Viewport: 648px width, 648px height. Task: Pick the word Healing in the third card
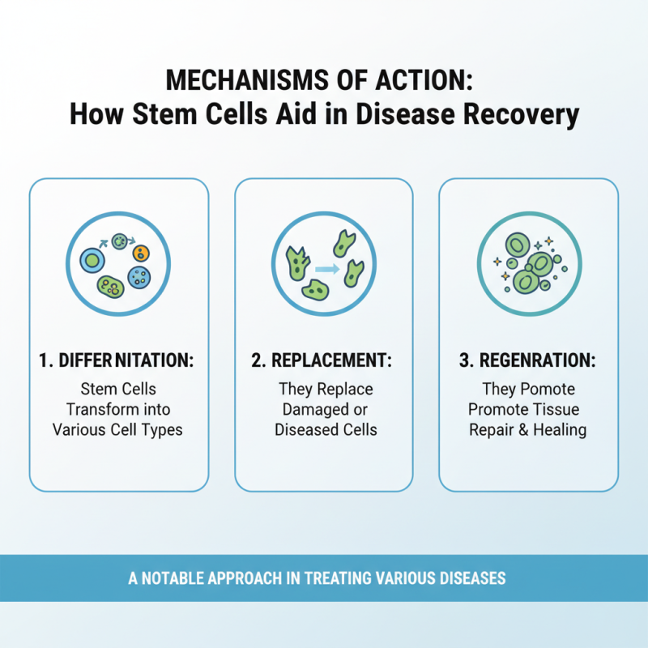coord(559,429)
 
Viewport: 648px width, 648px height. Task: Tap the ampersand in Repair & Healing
coord(520,429)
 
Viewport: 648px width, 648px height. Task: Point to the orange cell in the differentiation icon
coord(141,253)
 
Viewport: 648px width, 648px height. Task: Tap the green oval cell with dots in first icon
coord(111,285)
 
